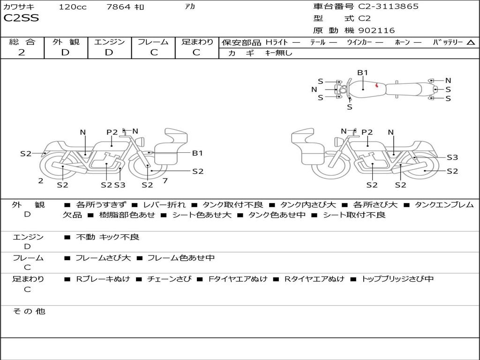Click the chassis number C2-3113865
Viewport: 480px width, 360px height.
(x=389, y=7)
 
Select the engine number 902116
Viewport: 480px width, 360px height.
(x=376, y=30)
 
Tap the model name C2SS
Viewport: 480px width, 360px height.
(x=21, y=19)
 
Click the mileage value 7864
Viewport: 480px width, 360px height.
(x=119, y=7)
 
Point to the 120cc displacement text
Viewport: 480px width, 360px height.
(x=72, y=7)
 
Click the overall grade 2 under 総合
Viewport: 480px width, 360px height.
(x=22, y=52)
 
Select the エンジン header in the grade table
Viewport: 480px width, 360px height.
(x=109, y=42)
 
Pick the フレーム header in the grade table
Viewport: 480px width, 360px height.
(x=153, y=42)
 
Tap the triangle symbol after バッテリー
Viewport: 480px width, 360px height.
(x=471, y=43)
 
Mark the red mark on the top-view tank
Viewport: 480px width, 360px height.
(x=377, y=85)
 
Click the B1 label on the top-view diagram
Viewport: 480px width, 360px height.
(x=363, y=72)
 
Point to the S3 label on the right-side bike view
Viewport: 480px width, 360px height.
(x=452, y=157)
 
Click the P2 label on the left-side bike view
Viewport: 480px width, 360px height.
(x=112, y=132)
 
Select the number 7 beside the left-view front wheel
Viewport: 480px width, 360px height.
(x=165, y=180)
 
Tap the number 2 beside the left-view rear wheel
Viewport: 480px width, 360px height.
(x=41, y=180)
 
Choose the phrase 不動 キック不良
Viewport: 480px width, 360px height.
(x=108, y=237)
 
